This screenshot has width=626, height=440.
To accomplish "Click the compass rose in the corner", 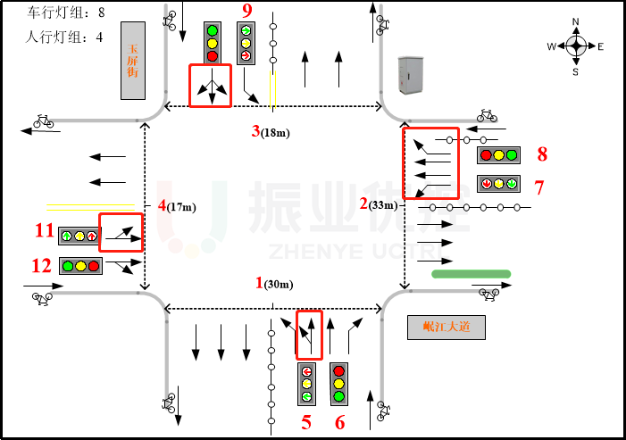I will point(576,46).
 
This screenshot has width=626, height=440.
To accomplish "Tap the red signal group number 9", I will point(247,11).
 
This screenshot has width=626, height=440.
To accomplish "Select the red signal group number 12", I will point(41,265).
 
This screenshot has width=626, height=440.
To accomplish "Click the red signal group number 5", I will point(306,422).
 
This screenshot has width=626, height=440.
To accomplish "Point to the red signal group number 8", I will point(542,154).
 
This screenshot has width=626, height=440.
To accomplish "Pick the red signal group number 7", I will point(538,187).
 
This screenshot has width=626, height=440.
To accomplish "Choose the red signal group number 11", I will point(44,231).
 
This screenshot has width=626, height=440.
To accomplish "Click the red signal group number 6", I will point(339,422).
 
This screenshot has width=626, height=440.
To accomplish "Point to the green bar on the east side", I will point(471,273).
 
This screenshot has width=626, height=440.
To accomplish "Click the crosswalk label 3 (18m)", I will point(271,132).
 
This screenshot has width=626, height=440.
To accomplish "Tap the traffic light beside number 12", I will point(80,265).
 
